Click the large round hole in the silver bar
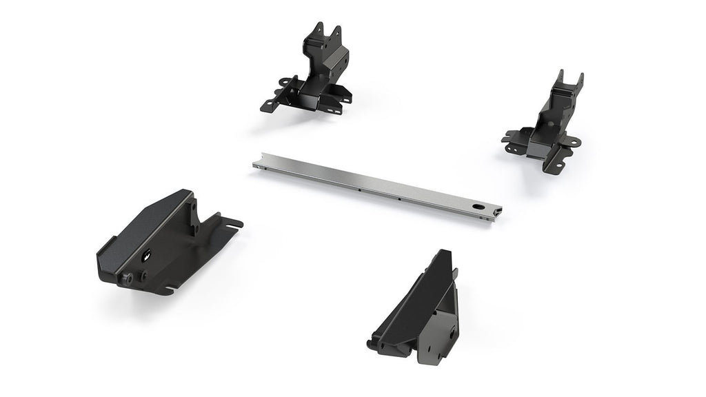[477, 205]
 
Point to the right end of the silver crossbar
[498, 211]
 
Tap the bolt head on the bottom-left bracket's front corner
[128, 277]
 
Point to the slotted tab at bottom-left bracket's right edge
[234, 224]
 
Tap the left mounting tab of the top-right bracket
[510, 140]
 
